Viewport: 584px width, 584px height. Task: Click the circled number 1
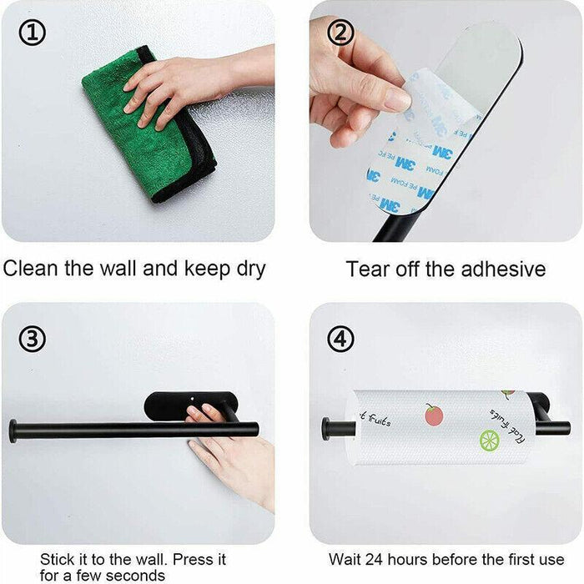32,33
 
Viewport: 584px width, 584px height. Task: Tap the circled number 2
340,33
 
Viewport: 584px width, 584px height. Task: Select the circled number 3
32,340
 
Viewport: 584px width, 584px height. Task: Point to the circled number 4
340,340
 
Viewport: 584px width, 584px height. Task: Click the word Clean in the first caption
33,269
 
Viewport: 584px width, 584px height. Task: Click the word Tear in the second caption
367,269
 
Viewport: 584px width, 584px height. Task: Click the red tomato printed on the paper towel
433,415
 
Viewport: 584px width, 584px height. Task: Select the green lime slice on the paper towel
489,440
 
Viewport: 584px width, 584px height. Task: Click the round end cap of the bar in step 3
13,430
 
